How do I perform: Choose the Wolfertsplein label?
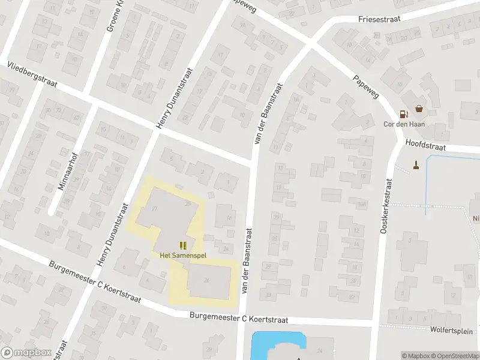(x=451, y=331)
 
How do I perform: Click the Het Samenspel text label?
(x=182, y=255)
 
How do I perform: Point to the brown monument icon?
(x=415, y=164)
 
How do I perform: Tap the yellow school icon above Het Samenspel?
(x=183, y=245)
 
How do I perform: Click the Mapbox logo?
(x=26, y=352)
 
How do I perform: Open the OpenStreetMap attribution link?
(x=457, y=356)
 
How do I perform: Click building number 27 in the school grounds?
(x=155, y=208)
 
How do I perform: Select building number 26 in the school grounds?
(x=206, y=280)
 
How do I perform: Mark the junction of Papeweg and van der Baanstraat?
(x=311, y=43)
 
